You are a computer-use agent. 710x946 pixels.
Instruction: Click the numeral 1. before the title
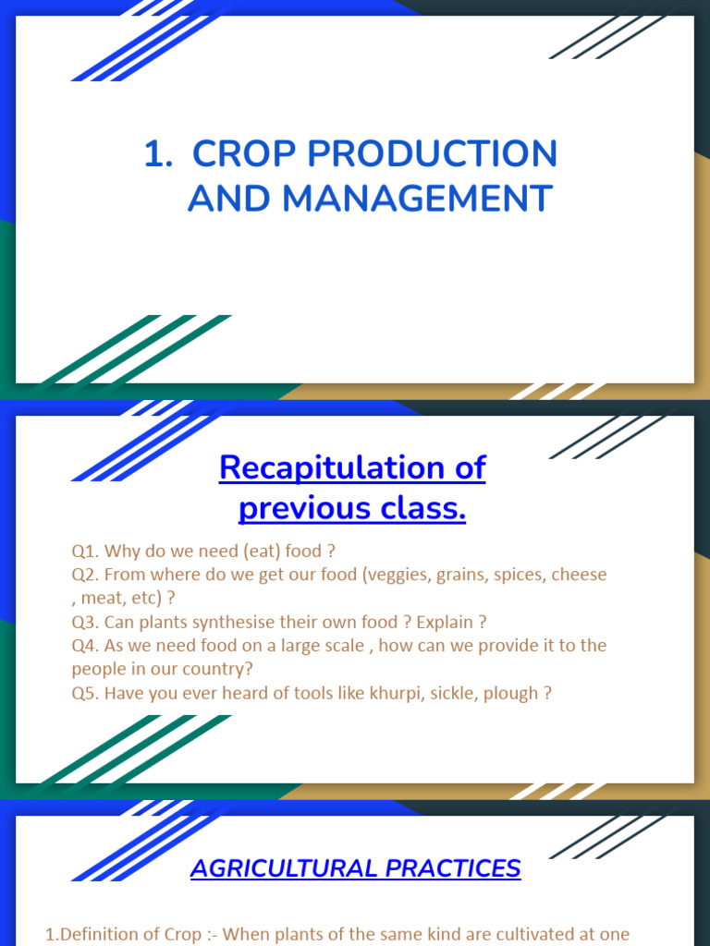[x=159, y=154]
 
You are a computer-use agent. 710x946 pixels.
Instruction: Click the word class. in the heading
[x=424, y=508]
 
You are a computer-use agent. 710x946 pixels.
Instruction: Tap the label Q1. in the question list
[x=86, y=552]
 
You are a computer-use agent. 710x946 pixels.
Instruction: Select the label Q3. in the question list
[x=86, y=622]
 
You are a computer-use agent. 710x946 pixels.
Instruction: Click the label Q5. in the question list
[x=86, y=693]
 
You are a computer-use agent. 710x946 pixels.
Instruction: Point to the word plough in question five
[x=513, y=693]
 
